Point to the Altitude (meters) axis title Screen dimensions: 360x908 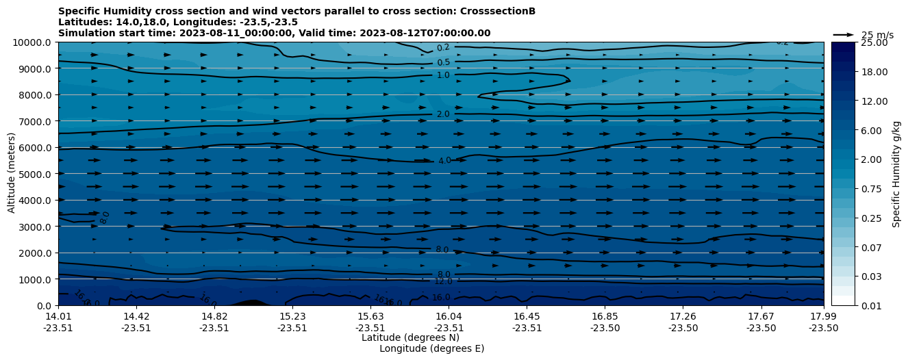[12, 174]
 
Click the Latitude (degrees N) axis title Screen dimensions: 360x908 [410, 337]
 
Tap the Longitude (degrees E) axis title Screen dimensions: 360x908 [431, 348]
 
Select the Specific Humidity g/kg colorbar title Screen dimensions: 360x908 [896, 174]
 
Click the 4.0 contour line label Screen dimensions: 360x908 [444, 161]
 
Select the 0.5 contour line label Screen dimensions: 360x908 [444, 62]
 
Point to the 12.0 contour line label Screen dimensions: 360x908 [443, 281]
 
